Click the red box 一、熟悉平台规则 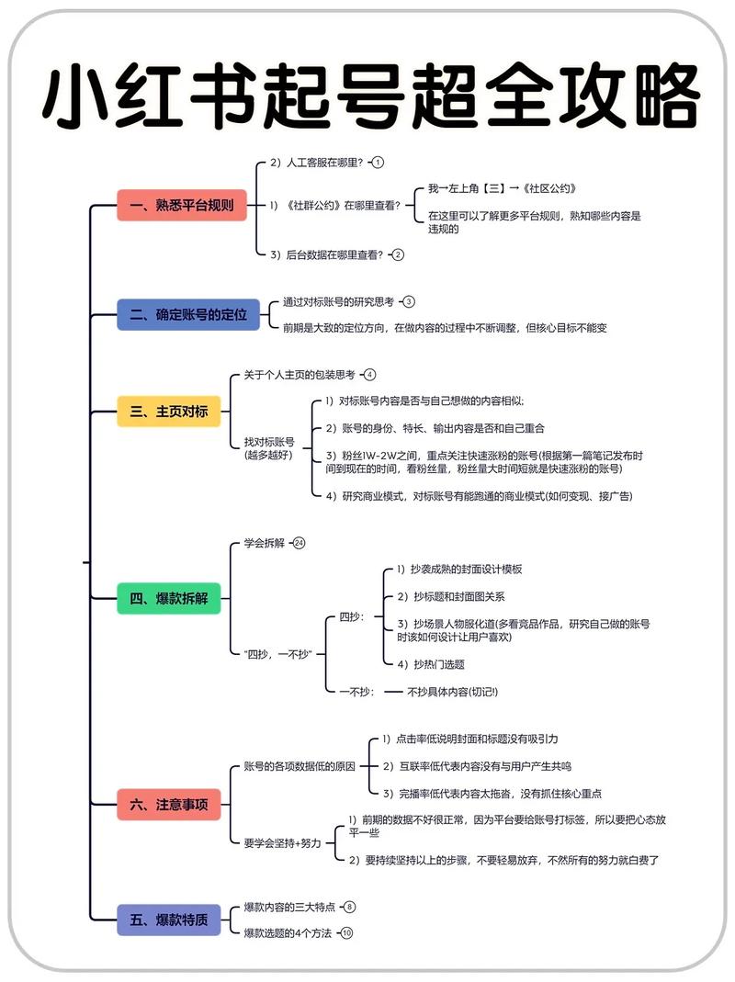[182, 206]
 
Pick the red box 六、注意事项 [169, 805]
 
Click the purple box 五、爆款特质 [169, 920]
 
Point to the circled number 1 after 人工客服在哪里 [377, 163]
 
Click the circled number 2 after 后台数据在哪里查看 [398, 254]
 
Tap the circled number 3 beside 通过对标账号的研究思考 [409, 301]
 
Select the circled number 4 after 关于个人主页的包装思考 [369, 375]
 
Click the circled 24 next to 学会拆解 [299, 543]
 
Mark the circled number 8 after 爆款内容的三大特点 [349, 907]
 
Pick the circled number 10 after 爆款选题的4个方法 [346, 933]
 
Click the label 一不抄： [357, 691]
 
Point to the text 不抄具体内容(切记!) [452, 691]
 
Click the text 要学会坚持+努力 [283, 842]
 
